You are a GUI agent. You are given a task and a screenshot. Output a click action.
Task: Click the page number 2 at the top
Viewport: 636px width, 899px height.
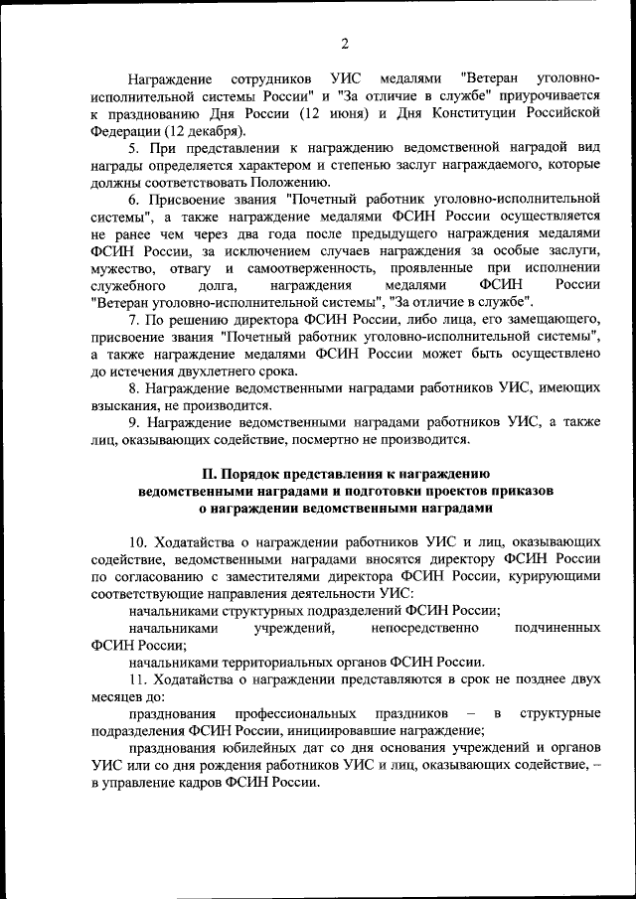344,44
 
